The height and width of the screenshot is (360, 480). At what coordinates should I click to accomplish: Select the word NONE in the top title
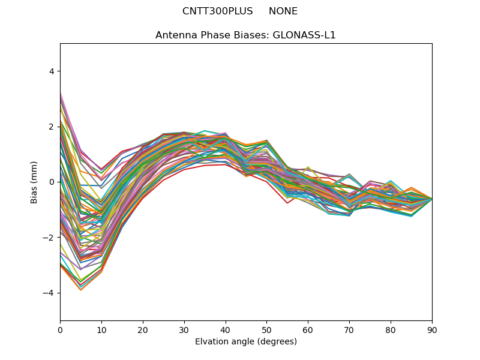(x=283, y=11)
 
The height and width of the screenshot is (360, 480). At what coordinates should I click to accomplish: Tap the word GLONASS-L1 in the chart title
(x=305, y=35)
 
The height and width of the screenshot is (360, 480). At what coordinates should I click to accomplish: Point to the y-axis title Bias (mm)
(x=35, y=182)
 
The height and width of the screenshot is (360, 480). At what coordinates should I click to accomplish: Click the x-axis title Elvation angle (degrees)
(x=246, y=342)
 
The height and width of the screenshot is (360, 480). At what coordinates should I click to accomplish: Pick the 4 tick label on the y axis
(x=51, y=71)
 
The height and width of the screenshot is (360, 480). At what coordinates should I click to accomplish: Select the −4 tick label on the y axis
(x=49, y=293)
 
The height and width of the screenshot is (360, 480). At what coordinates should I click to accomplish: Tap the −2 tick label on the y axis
(x=49, y=238)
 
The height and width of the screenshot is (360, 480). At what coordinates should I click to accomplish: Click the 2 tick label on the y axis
(x=51, y=127)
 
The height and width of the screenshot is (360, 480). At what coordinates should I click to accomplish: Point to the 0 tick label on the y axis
(x=51, y=182)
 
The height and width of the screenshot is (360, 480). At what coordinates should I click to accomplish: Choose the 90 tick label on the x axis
(x=432, y=329)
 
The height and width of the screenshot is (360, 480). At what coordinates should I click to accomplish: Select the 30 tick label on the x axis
(x=184, y=329)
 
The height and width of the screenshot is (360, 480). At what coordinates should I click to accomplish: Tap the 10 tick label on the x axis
(x=101, y=329)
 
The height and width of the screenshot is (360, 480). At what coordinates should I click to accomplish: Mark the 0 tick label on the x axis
(x=60, y=329)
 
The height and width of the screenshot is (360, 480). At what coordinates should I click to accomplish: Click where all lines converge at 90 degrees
(x=431, y=199)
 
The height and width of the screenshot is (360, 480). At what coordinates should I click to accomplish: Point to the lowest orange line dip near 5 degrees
(x=80, y=290)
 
